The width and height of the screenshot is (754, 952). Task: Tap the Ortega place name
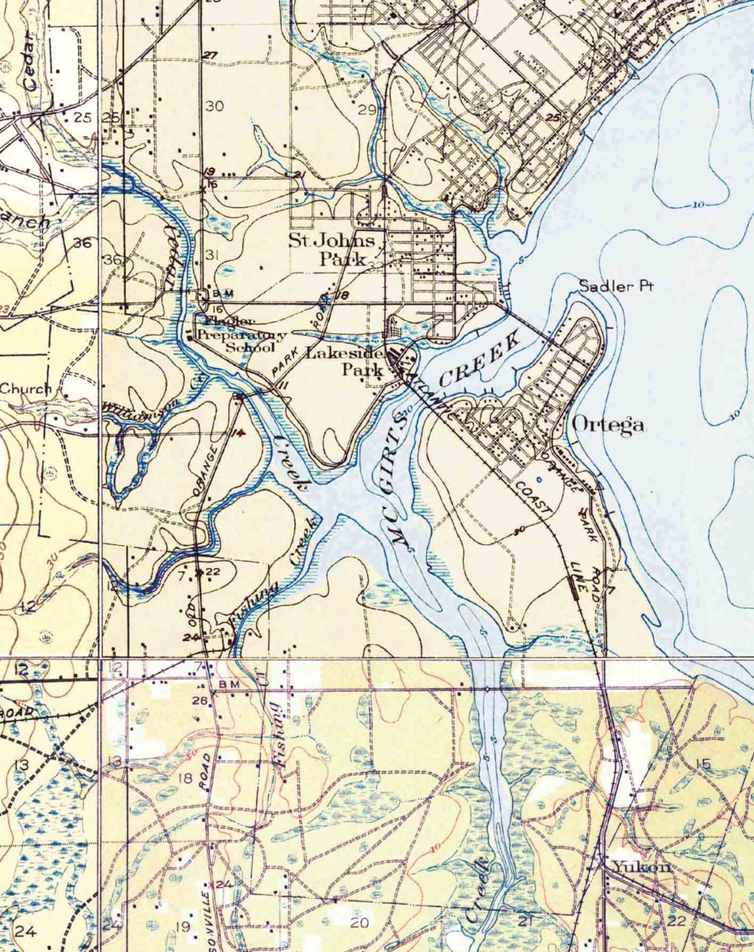(609, 424)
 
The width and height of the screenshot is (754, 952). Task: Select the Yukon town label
(641, 827)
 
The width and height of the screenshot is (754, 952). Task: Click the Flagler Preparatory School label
(241, 334)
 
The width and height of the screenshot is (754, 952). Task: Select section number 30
(215, 106)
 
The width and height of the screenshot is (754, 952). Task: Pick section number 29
(367, 111)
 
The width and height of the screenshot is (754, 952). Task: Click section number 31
(212, 255)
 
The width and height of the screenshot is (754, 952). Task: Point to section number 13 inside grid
(115, 762)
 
